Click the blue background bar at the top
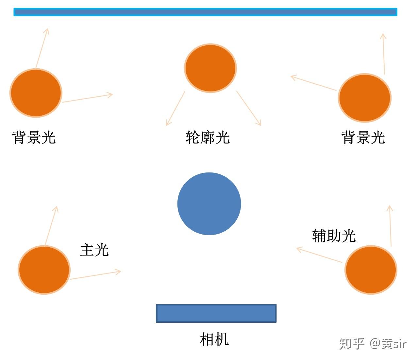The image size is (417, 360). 205,12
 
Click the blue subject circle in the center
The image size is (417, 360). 209,204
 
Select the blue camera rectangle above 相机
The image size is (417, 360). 216,313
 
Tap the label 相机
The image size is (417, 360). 214,339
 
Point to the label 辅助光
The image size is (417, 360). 334,235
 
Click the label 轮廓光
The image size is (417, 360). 208,137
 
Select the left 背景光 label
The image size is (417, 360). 34,137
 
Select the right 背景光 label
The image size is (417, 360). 363,137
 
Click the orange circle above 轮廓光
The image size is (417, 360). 210,68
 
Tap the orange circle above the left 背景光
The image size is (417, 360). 36,93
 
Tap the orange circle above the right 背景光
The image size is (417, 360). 365,98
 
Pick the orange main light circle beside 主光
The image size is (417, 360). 44,270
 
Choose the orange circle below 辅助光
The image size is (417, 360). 371,270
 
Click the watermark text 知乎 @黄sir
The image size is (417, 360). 373,343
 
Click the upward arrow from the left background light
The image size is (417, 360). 42,48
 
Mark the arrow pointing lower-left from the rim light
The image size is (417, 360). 175,108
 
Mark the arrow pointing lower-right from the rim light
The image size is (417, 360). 249,108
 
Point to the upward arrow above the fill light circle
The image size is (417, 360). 391,226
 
